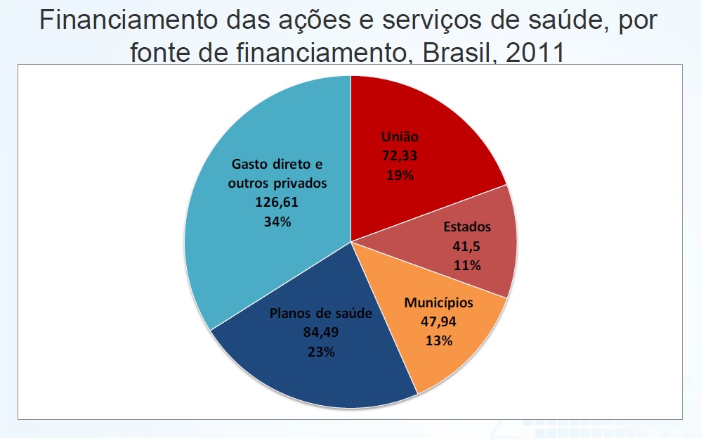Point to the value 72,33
(x=400, y=155)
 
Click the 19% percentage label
(x=400, y=175)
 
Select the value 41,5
(x=466, y=247)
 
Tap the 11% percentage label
(x=466, y=266)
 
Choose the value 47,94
(x=438, y=322)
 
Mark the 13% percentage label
(x=438, y=341)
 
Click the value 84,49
(x=320, y=333)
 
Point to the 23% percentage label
(x=320, y=352)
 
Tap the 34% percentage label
(x=277, y=222)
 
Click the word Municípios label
(x=439, y=303)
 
